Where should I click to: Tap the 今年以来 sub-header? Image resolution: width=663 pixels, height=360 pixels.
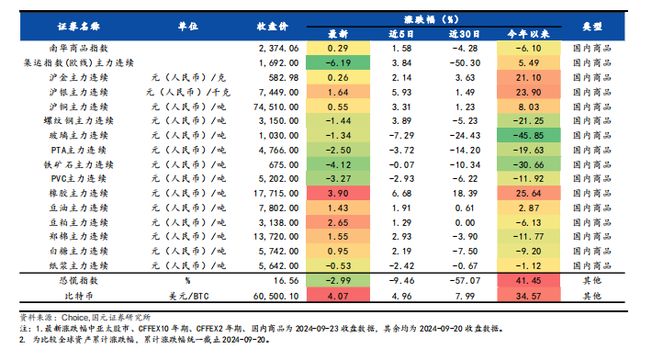click(x=528, y=33)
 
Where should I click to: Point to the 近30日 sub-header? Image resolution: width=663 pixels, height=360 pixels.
click(x=464, y=33)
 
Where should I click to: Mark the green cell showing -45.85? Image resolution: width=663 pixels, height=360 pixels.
click(x=528, y=136)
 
